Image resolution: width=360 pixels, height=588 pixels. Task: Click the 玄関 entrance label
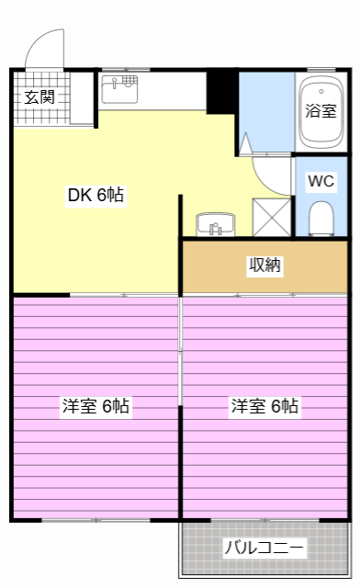click(x=39, y=96)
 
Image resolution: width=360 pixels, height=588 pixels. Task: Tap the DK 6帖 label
click(x=96, y=195)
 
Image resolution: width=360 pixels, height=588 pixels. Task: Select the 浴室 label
click(x=321, y=110)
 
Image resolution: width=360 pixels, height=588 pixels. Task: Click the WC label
click(x=321, y=180)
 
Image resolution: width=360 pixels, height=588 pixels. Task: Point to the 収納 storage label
click(x=264, y=266)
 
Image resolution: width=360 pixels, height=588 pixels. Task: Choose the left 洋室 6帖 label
click(x=96, y=405)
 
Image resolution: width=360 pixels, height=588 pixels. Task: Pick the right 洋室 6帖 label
click(x=264, y=405)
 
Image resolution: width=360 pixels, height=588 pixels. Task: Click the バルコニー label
click(x=264, y=548)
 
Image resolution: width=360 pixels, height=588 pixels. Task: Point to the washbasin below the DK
click(x=216, y=225)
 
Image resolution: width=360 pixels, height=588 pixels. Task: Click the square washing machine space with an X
click(x=272, y=217)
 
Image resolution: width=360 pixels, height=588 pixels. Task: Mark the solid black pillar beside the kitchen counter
click(x=220, y=90)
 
